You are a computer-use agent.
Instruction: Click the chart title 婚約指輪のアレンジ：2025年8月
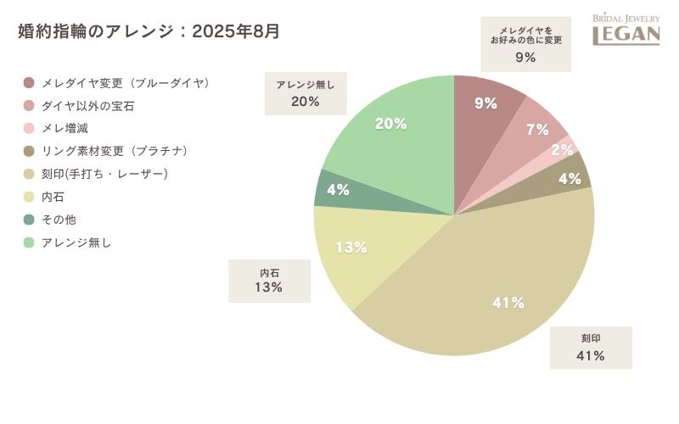149,32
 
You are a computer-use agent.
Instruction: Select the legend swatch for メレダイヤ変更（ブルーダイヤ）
29,83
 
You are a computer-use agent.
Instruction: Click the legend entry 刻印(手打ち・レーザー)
105,174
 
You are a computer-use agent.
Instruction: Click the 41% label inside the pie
508,303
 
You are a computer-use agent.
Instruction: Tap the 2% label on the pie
562,150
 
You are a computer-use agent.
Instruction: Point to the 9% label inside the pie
485,103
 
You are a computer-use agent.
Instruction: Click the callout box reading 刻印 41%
591,348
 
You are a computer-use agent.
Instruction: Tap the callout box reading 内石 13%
269,281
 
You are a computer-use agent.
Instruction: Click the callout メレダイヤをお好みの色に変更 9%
525,44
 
